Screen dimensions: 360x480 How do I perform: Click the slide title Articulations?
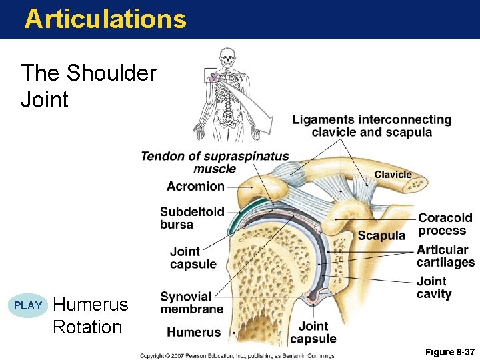(x=105, y=19)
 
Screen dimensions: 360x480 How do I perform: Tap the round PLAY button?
(x=28, y=306)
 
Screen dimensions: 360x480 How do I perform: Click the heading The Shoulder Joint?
(x=88, y=86)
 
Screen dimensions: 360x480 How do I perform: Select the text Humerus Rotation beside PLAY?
(x=90, y=316)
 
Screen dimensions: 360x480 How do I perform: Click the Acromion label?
(x=195, y=186)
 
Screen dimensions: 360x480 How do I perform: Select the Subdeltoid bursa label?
(x=191, y=218)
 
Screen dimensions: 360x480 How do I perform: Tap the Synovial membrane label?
(x=191, y=303)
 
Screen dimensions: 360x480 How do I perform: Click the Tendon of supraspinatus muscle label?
(x=215, y=163)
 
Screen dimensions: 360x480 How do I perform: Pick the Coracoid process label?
(x=445, y=224)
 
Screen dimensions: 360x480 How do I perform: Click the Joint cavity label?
(x=433, y=287)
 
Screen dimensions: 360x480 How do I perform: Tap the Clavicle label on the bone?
(x=393, y=175)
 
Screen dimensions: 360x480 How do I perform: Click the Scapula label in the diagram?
(x=381, y=235)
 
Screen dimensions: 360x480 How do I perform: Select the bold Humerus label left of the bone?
(x=193, y=332)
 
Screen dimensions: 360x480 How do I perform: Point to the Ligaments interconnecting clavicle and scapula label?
(x=371, y=125)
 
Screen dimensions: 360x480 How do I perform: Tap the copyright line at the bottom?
(x=237, y=356)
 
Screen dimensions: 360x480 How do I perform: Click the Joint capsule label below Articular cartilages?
(x=313, y=332)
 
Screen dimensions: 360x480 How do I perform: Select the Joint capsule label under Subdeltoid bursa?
(x=193, y=257)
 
